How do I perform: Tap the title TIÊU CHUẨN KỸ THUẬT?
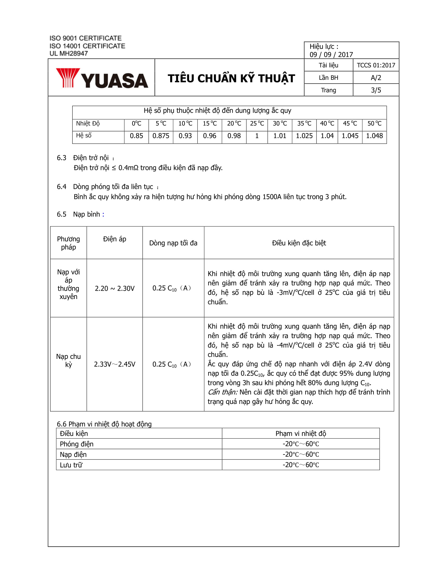coord(231,79)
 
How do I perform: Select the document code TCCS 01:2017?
coord(376,65)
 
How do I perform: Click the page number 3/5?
coord(376,90)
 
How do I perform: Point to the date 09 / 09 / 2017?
coord(331,55)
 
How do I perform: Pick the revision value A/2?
coord(376,78)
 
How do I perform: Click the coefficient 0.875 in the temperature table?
coord(161,136)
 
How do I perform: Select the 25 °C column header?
coord(257,123)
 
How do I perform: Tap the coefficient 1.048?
coord(374,136)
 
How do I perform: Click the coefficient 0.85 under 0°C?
coord(136,136)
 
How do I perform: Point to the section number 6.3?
coord(61,158)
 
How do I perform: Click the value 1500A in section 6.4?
coord(272,197)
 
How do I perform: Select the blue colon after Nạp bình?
coord(103,215)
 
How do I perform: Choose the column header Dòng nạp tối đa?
coord(173,243)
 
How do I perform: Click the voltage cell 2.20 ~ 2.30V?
coord(114,288)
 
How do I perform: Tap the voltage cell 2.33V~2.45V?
coord(114,364)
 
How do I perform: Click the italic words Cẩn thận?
coord(222,392)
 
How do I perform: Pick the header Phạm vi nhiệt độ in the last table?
coord(300,434)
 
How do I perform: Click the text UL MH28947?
coord(69,54)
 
